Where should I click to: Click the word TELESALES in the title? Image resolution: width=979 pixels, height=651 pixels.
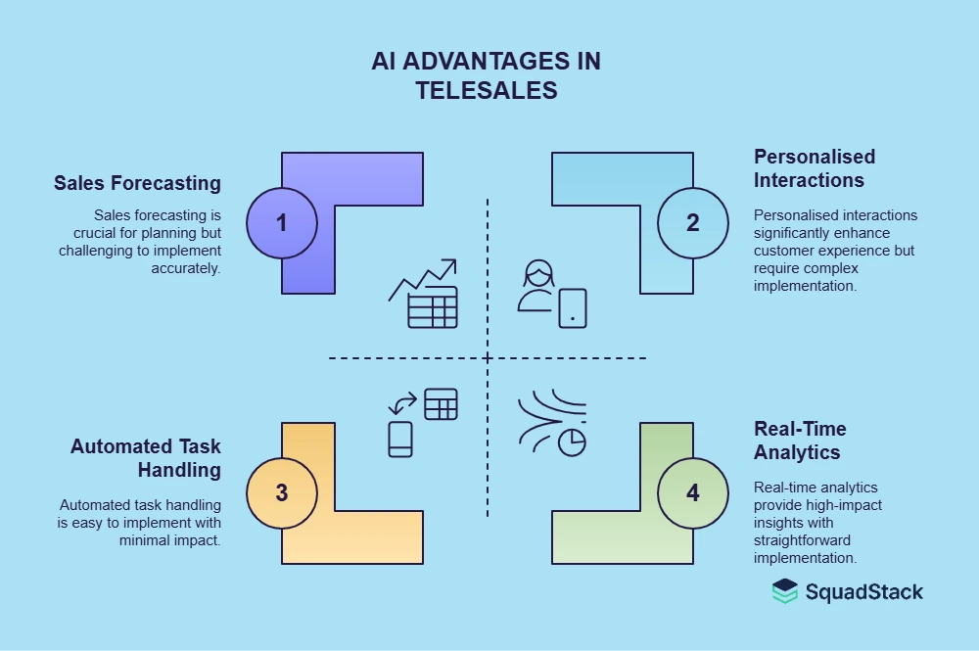487,90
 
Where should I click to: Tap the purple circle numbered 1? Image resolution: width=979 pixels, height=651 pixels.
282,222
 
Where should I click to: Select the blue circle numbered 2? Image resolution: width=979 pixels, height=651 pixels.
693,222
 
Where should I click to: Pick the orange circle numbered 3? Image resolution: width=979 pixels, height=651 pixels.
282,492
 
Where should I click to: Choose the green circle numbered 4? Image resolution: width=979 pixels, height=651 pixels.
693,492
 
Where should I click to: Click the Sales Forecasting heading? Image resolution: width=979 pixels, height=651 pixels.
138,183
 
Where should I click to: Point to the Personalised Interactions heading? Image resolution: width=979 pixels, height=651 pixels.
815,168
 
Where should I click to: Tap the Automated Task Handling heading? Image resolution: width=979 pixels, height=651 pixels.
146,458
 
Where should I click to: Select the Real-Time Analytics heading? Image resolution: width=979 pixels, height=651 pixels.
800,441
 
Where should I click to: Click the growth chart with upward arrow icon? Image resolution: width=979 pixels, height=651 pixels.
423,294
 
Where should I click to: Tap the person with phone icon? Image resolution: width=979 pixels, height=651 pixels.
551,294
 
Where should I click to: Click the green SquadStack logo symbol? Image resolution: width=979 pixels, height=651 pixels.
785,591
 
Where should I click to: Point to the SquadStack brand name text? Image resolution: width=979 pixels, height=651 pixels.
864,591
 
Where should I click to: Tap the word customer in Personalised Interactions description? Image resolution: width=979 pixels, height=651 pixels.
783,250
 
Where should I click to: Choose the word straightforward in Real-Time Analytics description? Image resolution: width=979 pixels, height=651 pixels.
801,539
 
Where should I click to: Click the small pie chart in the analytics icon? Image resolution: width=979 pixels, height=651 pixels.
572,442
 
